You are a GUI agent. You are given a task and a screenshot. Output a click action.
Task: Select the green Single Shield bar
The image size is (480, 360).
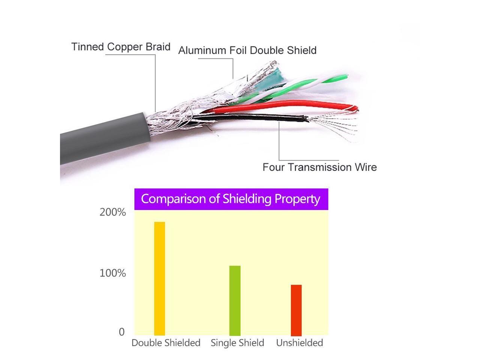tap(235, 300)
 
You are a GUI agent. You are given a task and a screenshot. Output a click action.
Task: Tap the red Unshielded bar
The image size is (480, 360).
tap(296, 310)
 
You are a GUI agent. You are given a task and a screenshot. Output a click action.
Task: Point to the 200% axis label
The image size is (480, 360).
tap(112, 212)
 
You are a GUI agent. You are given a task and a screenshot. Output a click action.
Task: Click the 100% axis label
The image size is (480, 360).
tap(112, 273)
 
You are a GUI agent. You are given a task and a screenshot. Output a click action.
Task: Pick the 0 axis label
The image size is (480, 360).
tap(121, 332)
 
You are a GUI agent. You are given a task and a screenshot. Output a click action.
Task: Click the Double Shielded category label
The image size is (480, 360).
tap(166, 343)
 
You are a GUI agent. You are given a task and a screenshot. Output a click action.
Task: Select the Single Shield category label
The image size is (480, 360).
tap(237, 343)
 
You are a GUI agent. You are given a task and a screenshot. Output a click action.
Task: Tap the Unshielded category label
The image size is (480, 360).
tap(299, 343)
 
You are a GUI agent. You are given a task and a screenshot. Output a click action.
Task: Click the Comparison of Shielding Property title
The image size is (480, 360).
tap(231, 199)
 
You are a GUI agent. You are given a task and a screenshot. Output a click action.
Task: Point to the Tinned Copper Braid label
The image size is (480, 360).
tap(121, 47)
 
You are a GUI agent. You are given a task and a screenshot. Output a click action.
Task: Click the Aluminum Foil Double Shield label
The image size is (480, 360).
tap(247, 50)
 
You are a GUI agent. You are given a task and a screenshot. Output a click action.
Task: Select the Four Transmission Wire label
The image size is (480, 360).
tap(319, 167)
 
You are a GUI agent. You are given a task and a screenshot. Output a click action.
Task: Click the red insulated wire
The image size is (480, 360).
tap(285, 105)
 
